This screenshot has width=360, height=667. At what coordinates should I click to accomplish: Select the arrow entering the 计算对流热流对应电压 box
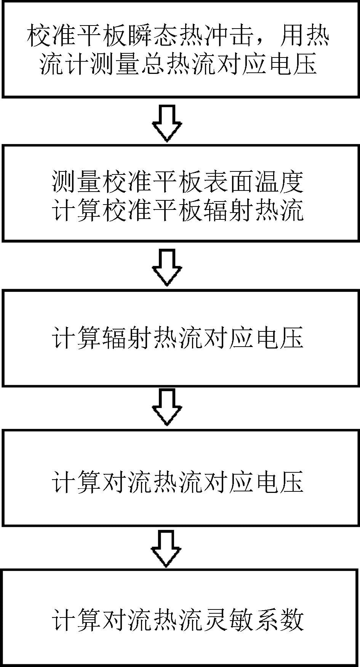tap(167, 407)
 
